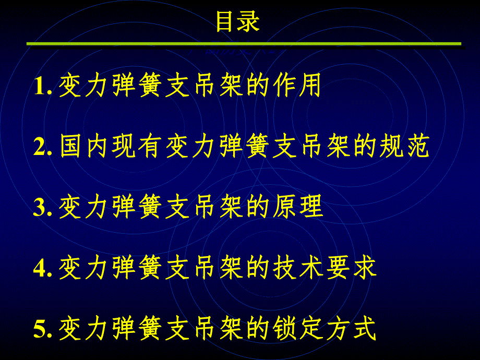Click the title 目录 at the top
coord(237,22)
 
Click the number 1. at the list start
coord(43,87)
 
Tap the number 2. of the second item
coord(43,148)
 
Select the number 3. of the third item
coord(43,208)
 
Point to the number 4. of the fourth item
coord(43,269)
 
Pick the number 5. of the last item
coord(43,330)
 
